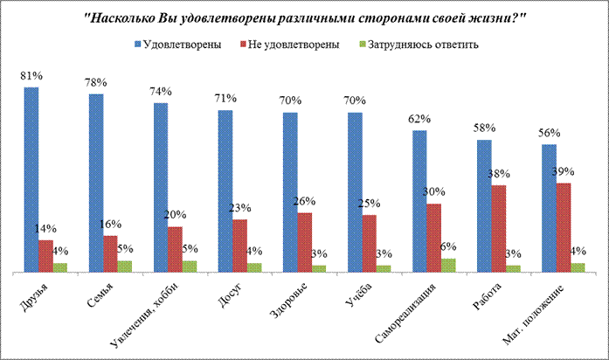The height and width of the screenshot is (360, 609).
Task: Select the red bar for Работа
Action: click(x=497, y=228)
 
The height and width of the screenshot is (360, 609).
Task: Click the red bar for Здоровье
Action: click(x=304, y=242)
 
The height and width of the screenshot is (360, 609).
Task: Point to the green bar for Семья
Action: click(x=125, y=266)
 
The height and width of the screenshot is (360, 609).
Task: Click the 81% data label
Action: click(x=31, y=76)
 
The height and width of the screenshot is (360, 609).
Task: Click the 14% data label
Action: click(x=45, y=228)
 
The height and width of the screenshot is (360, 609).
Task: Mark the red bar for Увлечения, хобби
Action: click(x=175, y=249)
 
